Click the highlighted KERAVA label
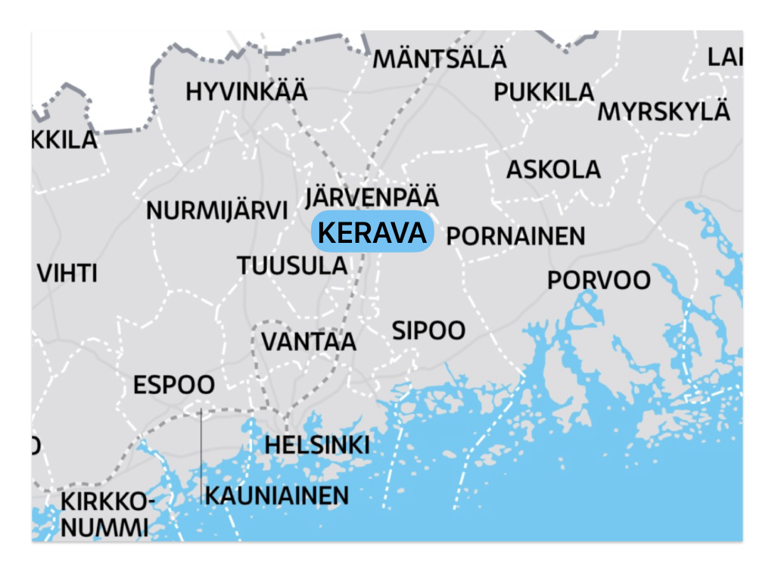(372, 232)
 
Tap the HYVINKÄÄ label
(247, 92)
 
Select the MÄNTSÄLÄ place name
(440, 58)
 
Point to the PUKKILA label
(544, 92)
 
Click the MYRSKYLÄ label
(664, 111)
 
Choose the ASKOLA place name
(553, 169)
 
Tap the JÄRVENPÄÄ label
(372, 197)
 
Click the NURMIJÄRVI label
(217, 211)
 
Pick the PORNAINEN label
(515, 236)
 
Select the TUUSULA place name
(292, 266)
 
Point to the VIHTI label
(67, 273)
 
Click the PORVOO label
(599, 281)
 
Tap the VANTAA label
(309, 341)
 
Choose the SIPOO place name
(428, 331)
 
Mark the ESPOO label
(173, 385)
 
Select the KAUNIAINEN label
(277, 496)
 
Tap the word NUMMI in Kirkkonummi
(104, 527)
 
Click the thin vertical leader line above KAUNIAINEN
(201, 454)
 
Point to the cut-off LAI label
(725, 57)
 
